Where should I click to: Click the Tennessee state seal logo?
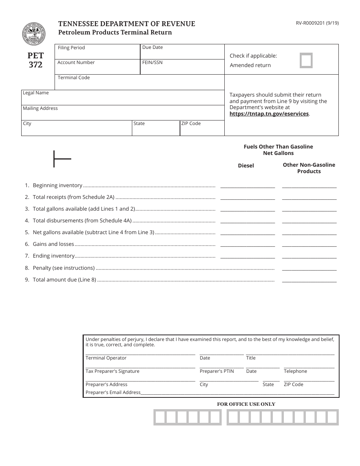(x=34, y=34)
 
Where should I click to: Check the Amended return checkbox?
(x=306, y=61)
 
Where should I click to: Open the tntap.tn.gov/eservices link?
(x=269, y=114)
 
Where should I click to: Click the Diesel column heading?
(x=246, y=166)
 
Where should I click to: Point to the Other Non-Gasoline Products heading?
(x=309, y=168)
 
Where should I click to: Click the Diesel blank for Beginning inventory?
(x=247, y=185)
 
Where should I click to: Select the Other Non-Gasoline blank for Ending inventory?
(x=309, y=256)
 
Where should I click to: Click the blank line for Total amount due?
(x=309, y=280)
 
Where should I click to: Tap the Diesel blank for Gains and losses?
(x=247, y=244)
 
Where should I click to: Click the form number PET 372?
(x=36, y=60)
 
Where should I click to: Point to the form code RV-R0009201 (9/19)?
(x=317, y=23)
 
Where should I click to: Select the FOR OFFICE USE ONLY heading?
(x=246, y=404)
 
